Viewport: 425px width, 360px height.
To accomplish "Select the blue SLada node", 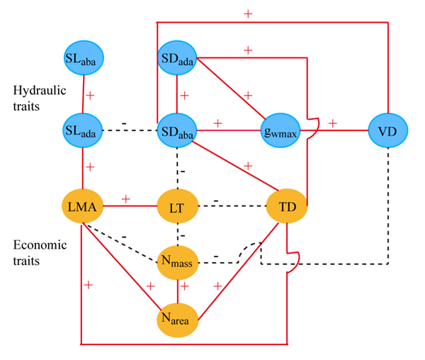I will click(x=84, y=130).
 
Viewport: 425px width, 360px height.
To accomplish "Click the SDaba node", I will click(x=177, y=130).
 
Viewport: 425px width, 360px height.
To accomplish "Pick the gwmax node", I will click(x=281, y=131).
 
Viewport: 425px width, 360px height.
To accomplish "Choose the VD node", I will click(x=388, y=131).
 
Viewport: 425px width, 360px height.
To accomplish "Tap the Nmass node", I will click(x=177, y=263).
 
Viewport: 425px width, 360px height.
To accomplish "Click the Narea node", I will click(x=177, y=319).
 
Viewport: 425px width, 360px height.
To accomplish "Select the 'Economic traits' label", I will click(x=39, y=253).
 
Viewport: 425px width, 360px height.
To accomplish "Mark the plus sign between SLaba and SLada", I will click(x=90, y=94).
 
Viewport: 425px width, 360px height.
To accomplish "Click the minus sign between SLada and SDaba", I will click(x=125, y=125).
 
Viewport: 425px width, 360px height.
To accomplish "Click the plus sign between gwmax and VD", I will click(x=332, y=124).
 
